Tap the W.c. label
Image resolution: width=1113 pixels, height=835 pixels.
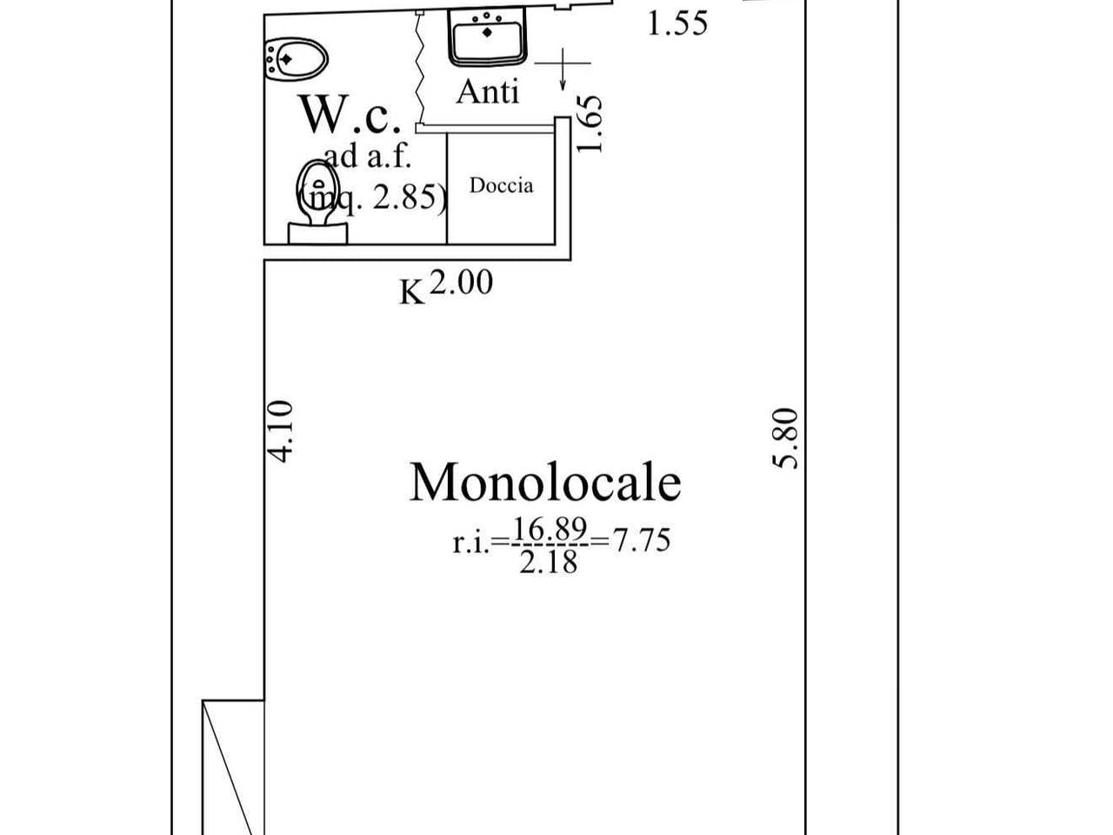tap(350, 114)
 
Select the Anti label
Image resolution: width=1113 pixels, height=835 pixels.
tap(487, 92)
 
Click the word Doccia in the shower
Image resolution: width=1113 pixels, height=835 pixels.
tap(501, 185)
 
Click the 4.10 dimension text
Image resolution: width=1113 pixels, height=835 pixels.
tap(279, 431)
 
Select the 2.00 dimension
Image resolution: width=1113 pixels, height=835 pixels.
tap(462, 282)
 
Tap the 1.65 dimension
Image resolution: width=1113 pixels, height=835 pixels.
tap(590, 124)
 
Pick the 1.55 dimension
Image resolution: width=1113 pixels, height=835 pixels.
tap(677, 23)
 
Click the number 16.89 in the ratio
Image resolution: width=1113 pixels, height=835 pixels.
tap(550, 530)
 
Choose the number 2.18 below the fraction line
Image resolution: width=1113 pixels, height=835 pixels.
tap(549, 562)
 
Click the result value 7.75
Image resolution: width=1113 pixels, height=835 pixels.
tap(642, 539)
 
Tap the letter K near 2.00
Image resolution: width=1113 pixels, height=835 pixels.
tap(411, 292)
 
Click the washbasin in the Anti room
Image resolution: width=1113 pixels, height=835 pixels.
tap(487, 37)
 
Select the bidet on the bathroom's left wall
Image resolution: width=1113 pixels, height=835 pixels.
tap(297, 59)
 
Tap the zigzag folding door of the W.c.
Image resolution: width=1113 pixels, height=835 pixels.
tap(420, 70)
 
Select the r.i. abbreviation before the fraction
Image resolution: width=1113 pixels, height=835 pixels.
tap(471, 544)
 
